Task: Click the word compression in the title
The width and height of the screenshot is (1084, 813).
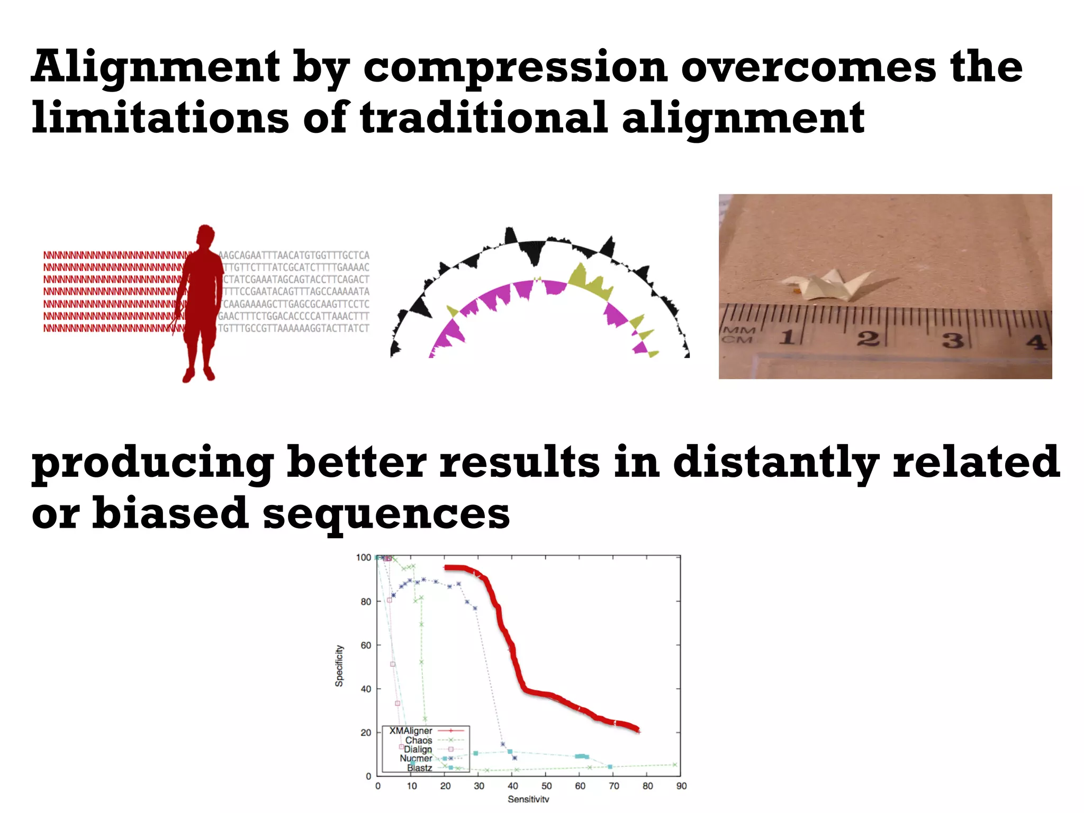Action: click(514, 68)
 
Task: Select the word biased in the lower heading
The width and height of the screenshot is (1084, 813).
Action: click(170, 513)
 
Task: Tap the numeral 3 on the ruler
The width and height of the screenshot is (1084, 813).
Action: click(952, 339)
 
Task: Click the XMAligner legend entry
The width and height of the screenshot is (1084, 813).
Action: click(411, 731)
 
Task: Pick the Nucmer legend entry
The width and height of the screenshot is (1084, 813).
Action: click(416, 758)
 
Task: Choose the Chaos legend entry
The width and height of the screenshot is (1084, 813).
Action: click(419, 740)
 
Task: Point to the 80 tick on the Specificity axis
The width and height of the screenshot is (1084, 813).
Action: click(366, 602)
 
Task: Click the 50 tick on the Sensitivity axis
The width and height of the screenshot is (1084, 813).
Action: click(546, 786)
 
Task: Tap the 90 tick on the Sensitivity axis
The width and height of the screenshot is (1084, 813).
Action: click(681, 786)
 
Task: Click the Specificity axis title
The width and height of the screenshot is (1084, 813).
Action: click(339, 666)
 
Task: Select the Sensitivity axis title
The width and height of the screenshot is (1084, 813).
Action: click(528, 799)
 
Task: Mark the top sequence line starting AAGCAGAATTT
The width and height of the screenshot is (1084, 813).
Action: click(294, 256)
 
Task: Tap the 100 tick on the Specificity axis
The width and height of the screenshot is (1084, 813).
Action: click(364, 558)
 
